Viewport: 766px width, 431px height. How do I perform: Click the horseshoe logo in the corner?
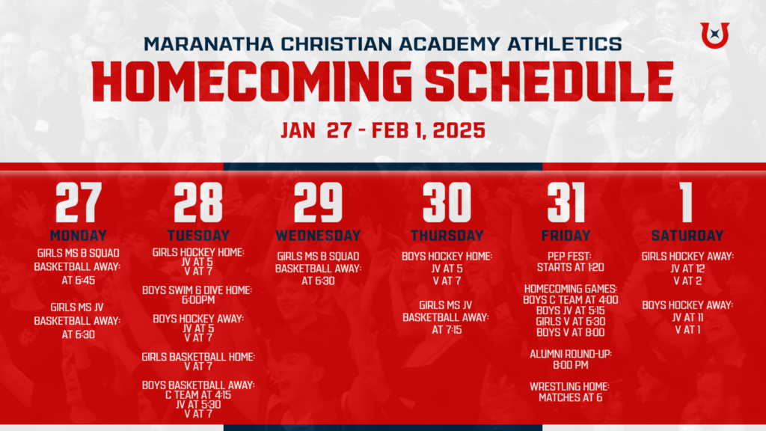click(714, 35)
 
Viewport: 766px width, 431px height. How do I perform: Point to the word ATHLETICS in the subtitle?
click(565, 44)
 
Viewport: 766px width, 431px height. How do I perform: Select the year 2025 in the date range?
click(459, 130)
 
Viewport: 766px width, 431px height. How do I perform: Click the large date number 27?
click(79, 202)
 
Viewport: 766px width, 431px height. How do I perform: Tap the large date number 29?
click(318, 202)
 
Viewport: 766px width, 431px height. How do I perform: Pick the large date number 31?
click(566, 202)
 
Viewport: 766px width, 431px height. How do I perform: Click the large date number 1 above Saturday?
click(687, 202)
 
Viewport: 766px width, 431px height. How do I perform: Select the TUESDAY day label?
click(198, 236)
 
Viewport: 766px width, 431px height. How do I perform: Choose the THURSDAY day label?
click(447, 236)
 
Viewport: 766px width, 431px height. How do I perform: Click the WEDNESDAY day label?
click(318, 236)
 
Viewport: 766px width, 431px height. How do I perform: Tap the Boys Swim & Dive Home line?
click(197, 290)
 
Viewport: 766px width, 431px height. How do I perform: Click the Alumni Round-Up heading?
click(571, 354)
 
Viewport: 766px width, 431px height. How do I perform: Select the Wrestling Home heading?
click(569, 387)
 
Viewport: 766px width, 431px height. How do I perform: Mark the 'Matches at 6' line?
click(570, 398)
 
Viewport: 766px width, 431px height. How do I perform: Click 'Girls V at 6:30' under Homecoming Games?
click(570, 322)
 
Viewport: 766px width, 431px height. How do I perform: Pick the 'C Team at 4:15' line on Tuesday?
click(197, 395)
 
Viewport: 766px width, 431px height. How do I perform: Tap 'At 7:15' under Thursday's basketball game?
click(447, 330)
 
